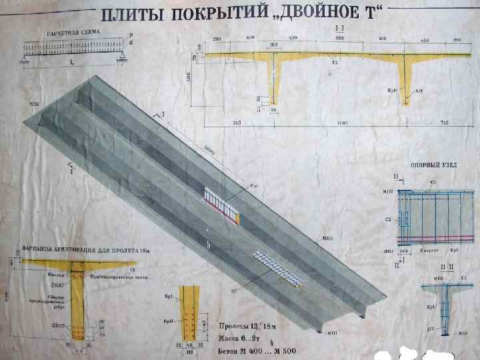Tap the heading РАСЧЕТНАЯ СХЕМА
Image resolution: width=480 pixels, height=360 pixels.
coord(71,33)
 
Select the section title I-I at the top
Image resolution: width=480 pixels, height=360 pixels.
coord(340,31)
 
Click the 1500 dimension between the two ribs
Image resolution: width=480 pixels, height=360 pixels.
coord(340,124)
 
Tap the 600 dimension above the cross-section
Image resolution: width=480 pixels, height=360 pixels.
coord(340,39)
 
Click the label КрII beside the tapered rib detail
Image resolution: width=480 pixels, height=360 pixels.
coord(168,321)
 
